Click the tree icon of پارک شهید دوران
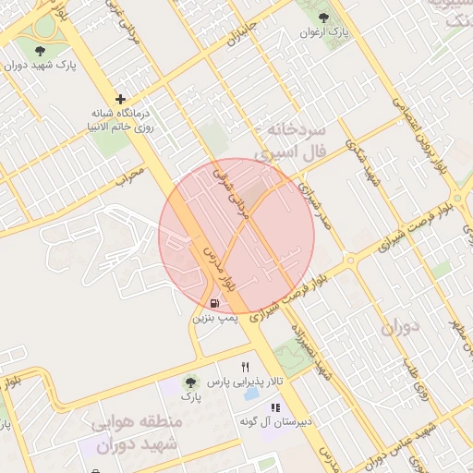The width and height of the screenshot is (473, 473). click(x=40, y=51)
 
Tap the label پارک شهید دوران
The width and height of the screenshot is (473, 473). click(x=40, y=66)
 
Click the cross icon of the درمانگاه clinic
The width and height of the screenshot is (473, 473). click(x=119, y=99)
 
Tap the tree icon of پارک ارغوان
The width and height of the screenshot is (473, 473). click(x=322, y=18)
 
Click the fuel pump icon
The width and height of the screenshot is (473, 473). click(x=214, y=302)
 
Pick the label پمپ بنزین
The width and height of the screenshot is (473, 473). click(x=214, y=317)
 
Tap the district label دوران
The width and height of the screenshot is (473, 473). click(x=400, y=326)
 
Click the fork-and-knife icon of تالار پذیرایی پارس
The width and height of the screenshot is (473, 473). click(x=245, y=367)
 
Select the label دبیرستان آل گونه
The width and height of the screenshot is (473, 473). click(x=251, y=421)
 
